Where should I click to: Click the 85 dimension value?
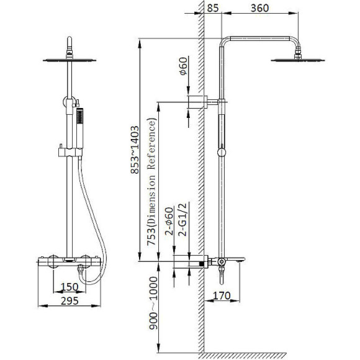point(213,8)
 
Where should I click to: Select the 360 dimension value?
point(259,8)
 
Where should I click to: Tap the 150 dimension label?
point(70,287)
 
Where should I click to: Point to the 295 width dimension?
point(70,301)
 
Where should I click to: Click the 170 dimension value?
point(222,295)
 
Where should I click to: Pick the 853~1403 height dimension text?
point(135,150)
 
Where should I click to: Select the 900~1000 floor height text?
point(153,303)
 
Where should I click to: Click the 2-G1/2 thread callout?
point(183,220)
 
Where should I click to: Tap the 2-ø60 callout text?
point(169,221)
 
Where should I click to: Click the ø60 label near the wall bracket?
point(183,66)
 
